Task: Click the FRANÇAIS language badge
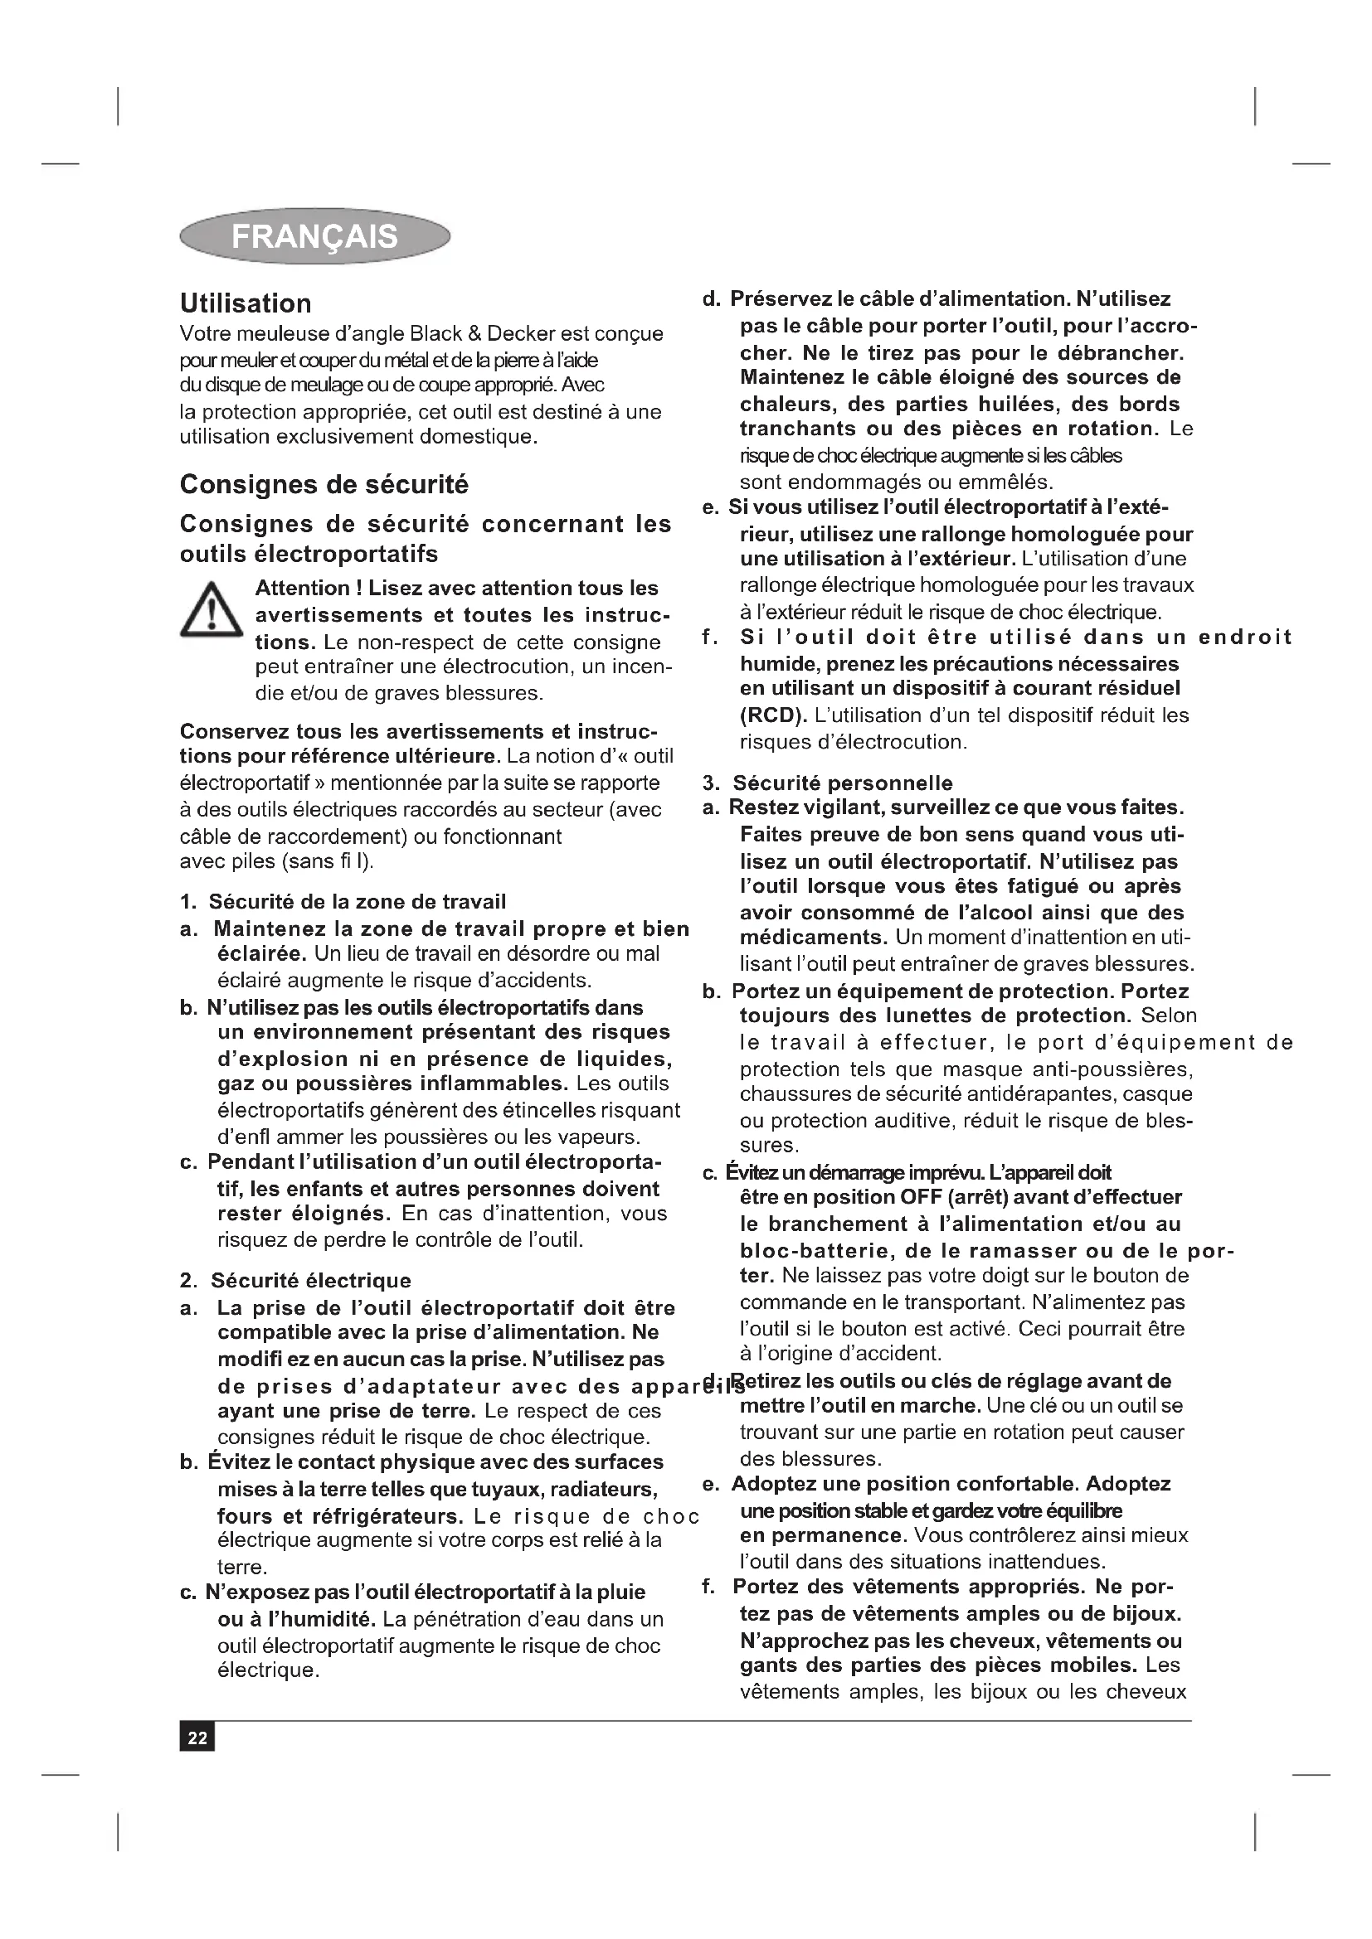pos(314,236)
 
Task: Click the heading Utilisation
pos(245,303)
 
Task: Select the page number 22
pos(197,1738)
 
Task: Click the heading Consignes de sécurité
pos(324,485)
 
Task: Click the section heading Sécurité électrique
pos(310,1280)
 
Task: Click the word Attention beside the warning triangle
pos(302,588)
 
